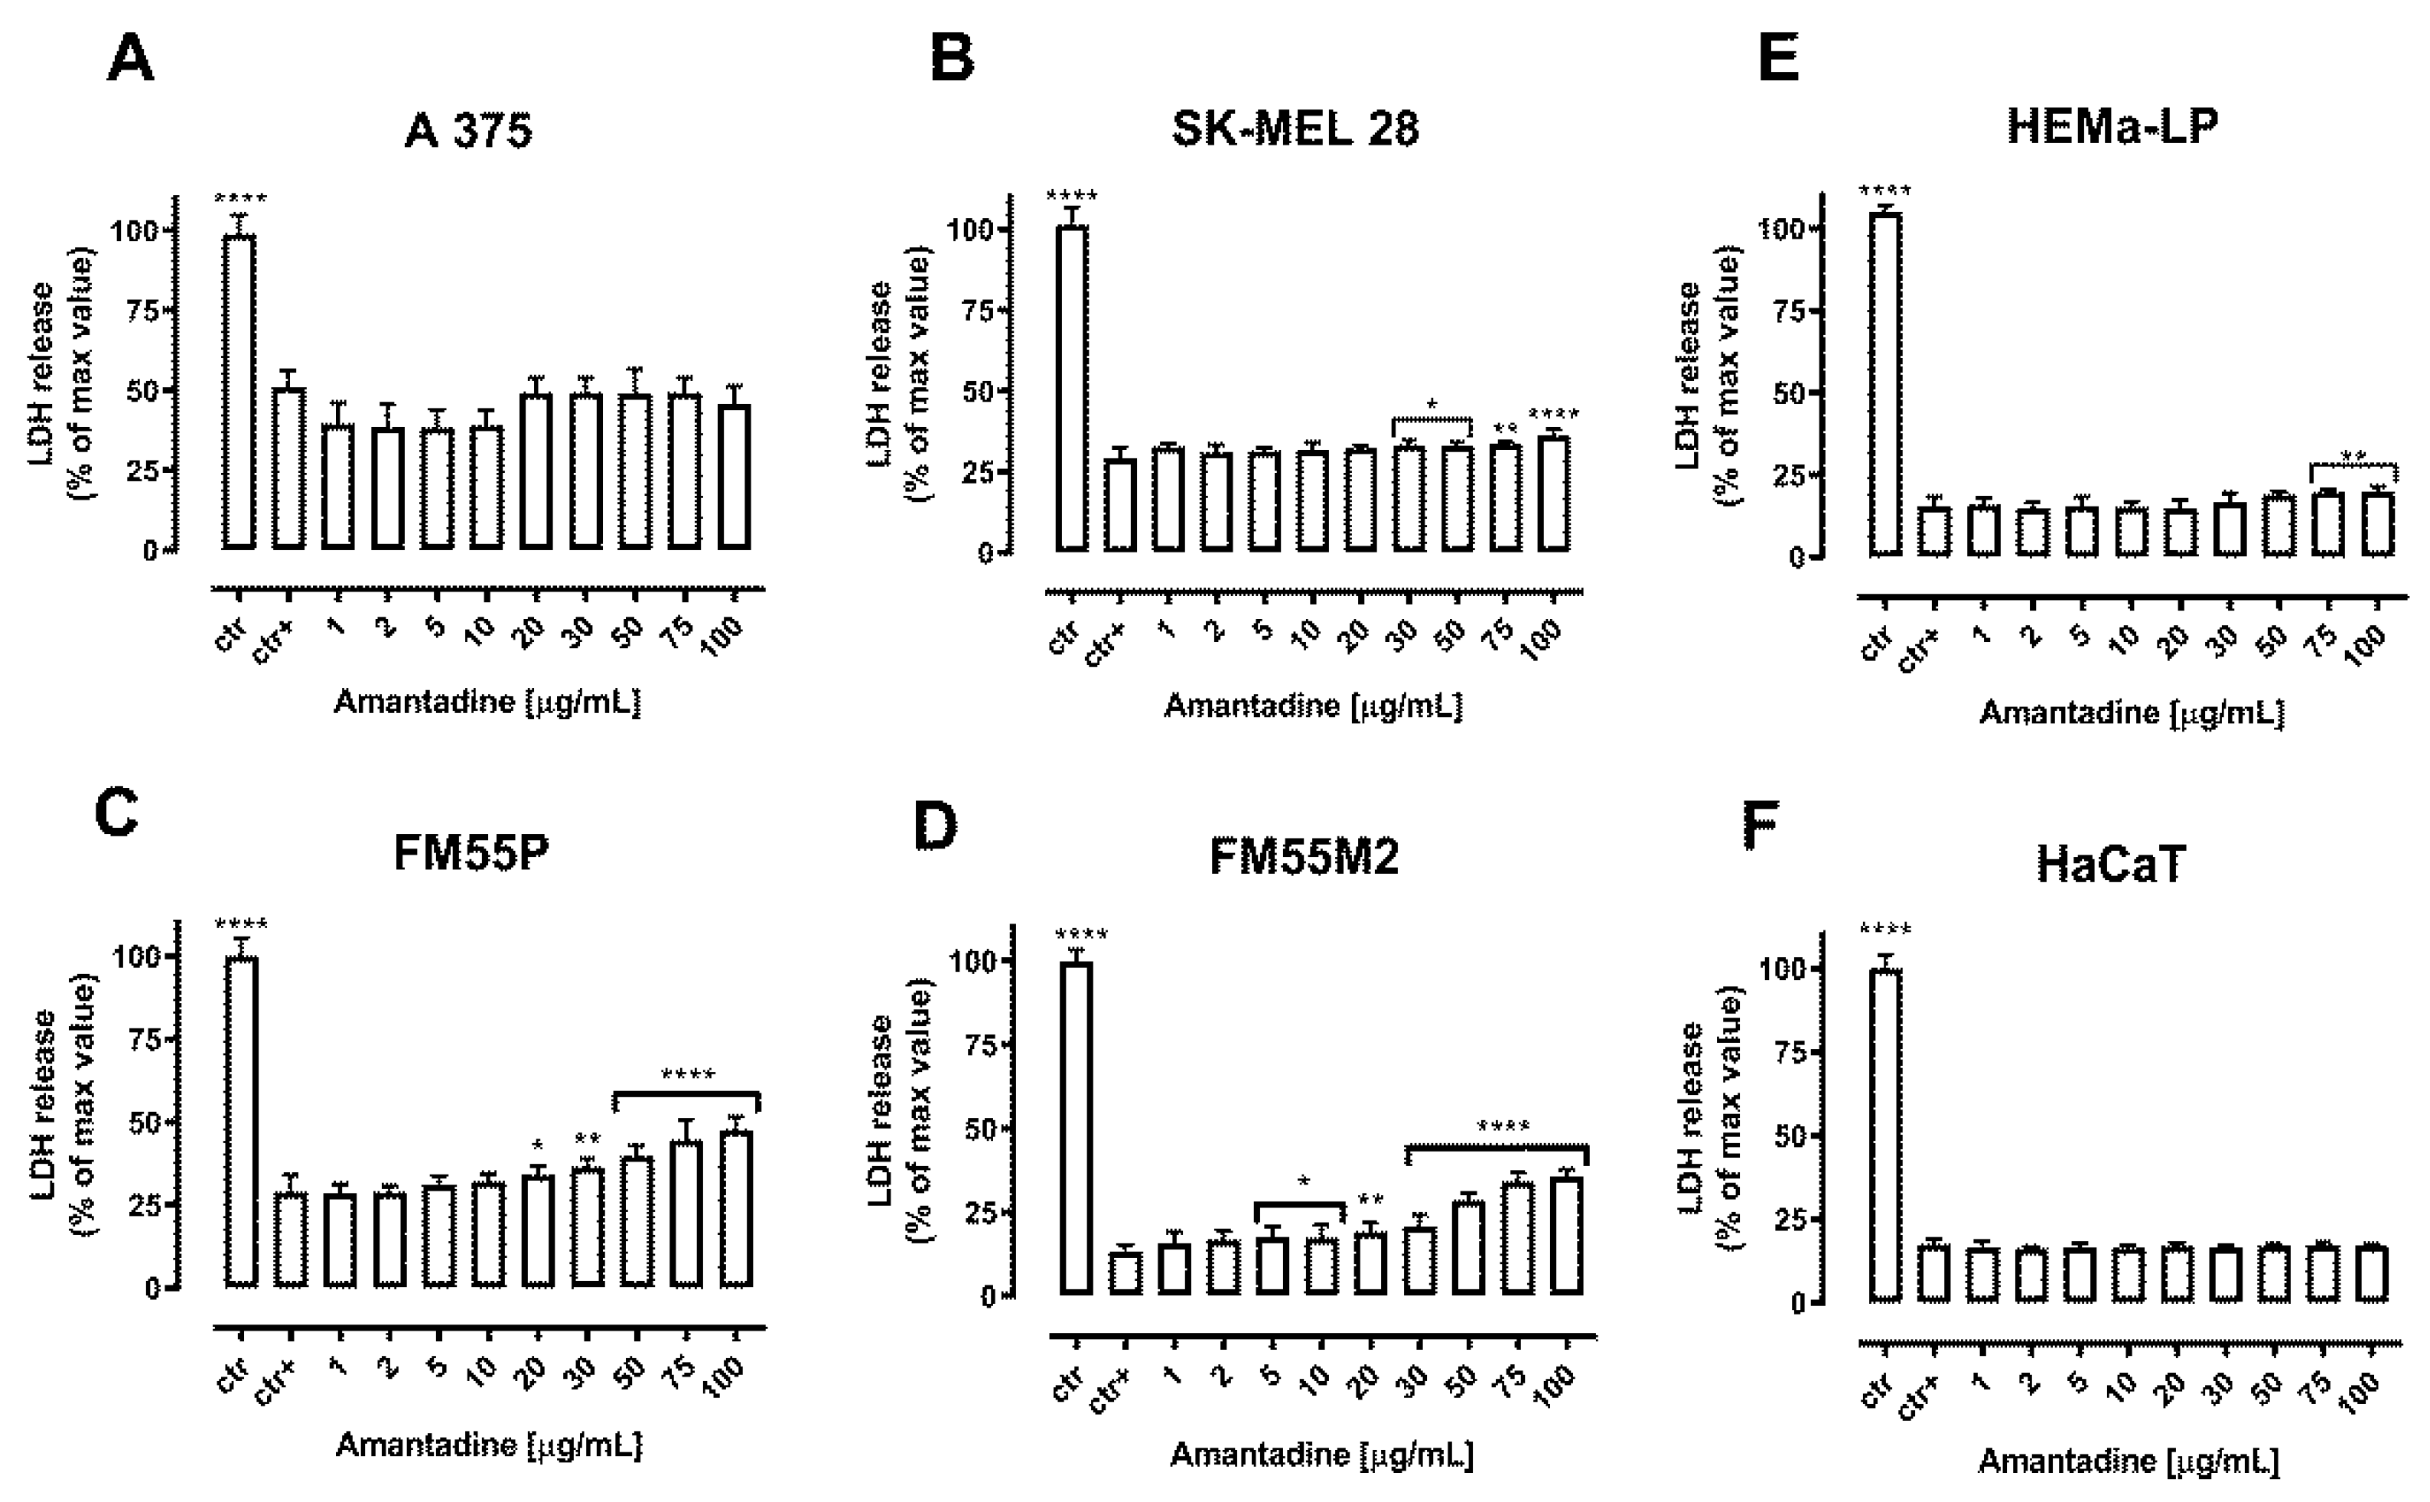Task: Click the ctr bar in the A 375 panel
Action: pyautogui.click(x=239, y=392)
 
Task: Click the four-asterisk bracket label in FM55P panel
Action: pyautogui.click(x=687, y=1075)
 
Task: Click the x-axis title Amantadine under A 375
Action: pyautogui.click(x=487, y=703)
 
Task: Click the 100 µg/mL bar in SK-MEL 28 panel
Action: pyautogui.click(x=1554, y=494)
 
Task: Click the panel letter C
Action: pyautogui.click(x=116, y=813)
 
